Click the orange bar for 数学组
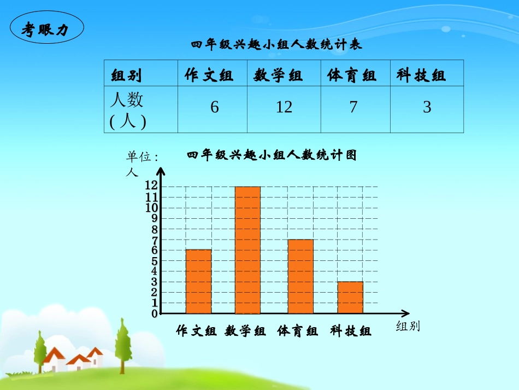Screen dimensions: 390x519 247,250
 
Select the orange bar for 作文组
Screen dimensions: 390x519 198,281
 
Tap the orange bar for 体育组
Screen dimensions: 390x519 300,276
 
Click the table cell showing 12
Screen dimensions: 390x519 284,108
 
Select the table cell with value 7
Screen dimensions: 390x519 353,108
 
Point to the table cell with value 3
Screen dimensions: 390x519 427,108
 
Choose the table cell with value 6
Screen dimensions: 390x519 214,108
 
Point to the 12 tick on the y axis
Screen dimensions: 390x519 151,185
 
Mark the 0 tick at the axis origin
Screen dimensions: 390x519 155,313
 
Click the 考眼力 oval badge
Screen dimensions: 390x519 46,29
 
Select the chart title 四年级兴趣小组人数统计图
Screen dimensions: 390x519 272,155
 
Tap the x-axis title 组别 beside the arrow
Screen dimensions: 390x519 408,327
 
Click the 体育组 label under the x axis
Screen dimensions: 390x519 298,331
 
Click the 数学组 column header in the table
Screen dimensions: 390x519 278,75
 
